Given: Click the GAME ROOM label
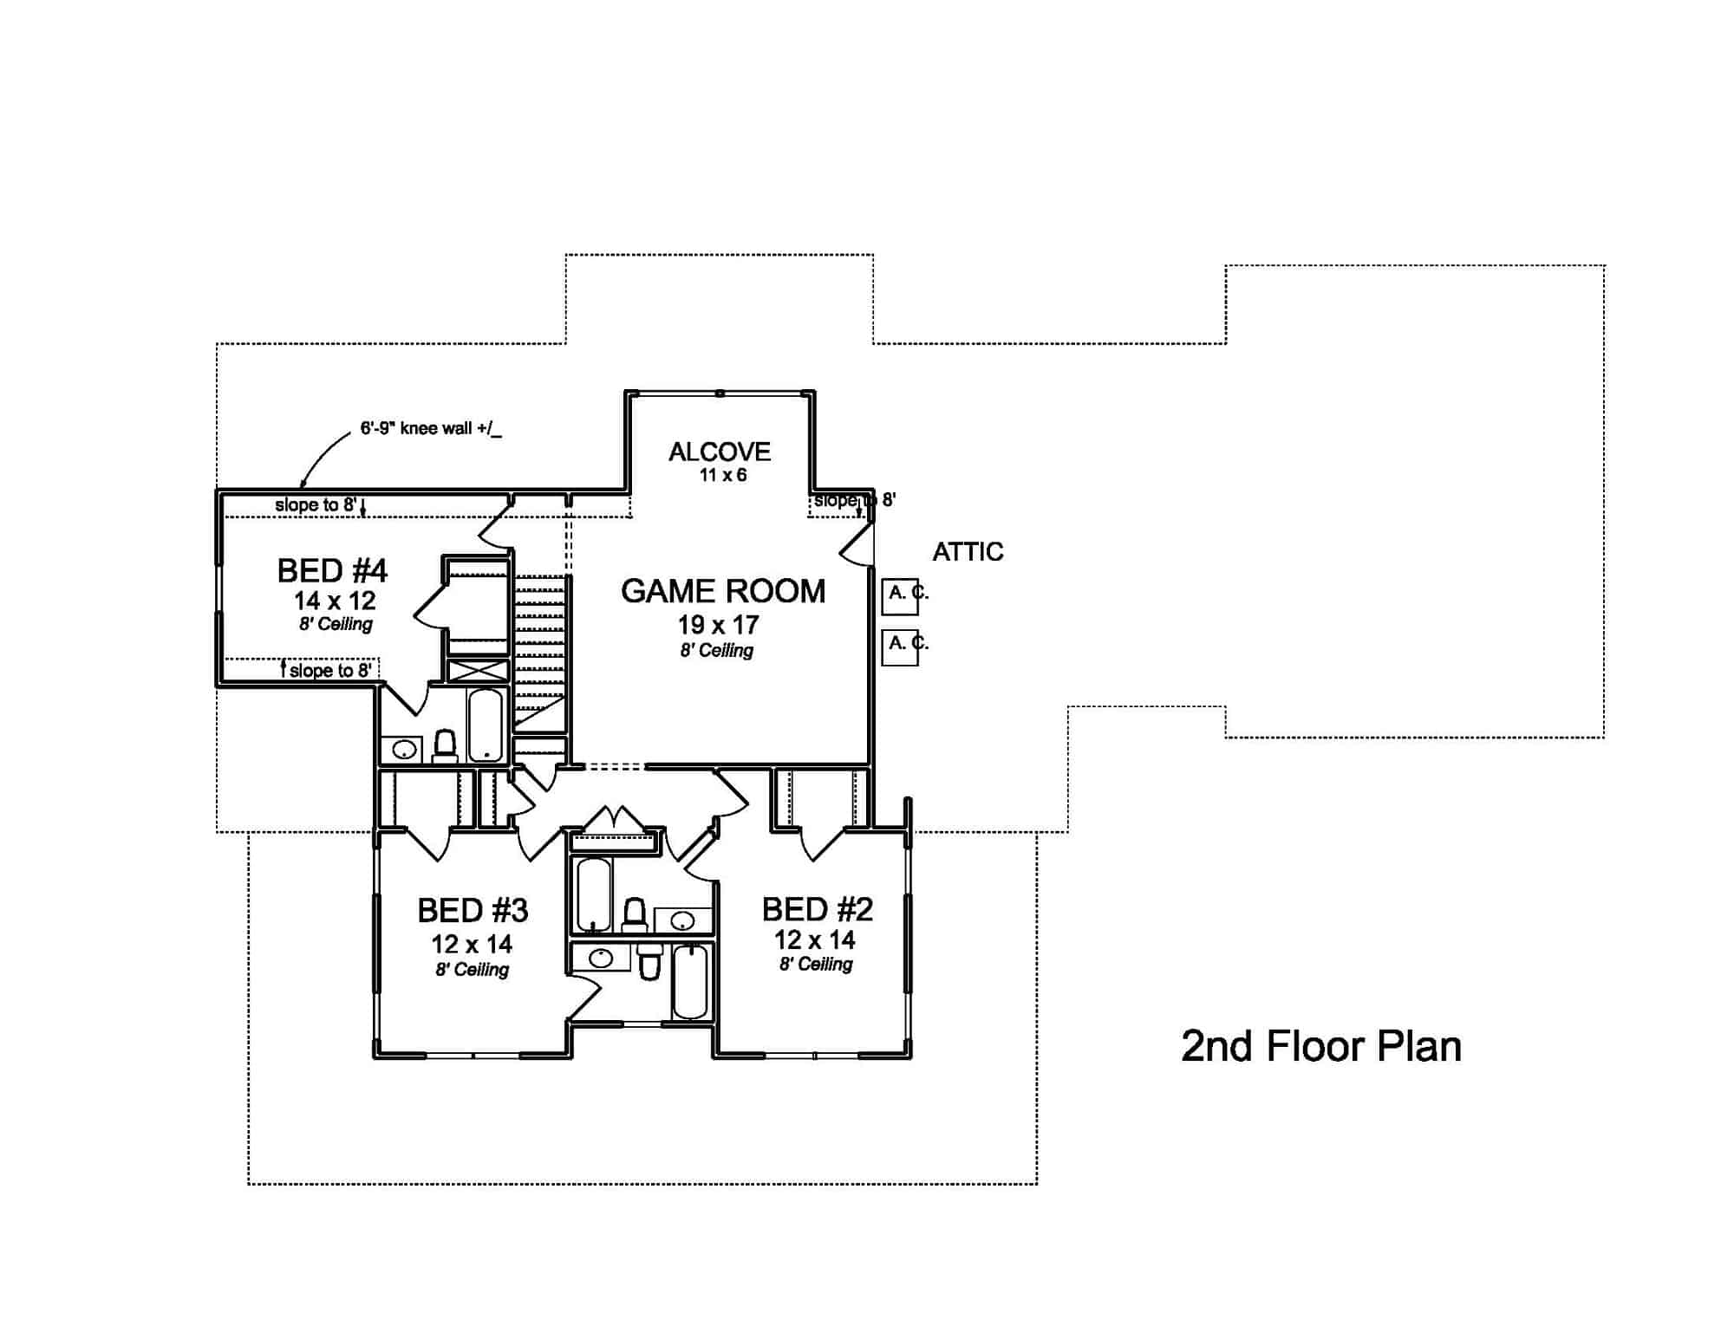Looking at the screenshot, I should click(722, 592).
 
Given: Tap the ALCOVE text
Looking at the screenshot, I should click(720, 452).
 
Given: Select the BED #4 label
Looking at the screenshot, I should click(332, 571).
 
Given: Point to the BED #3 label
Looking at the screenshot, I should click(473, 911).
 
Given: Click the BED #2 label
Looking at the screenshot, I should click(817, 909).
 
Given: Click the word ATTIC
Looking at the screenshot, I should click(968, 552).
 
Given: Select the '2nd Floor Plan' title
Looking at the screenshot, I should click(1320, 1047).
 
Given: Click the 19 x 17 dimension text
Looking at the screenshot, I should click(718, 625).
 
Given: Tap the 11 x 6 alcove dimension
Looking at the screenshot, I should click(722, 475).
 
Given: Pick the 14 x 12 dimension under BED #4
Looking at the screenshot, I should click(334, 601).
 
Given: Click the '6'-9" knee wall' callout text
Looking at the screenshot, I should click(431, 429).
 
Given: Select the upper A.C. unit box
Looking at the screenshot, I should click(899, 597).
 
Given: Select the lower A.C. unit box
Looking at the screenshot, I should click(899, 647).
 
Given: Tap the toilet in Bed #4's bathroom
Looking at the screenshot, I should click(445, 746).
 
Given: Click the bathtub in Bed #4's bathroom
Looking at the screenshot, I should click(485, 725).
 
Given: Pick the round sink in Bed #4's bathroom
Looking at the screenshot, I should click(402, 750).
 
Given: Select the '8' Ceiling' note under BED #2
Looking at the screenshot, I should click(815, 965).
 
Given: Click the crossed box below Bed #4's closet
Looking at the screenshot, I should click(477, 671).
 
